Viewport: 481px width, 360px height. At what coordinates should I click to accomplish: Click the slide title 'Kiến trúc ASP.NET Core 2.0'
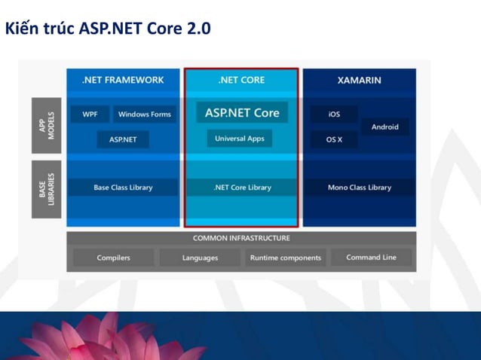coord(108,29)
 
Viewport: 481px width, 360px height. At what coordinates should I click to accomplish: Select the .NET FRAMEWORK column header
coord(123,80)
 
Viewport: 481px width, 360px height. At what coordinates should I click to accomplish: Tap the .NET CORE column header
coord(241,80)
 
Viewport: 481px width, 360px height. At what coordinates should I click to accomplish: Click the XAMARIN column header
coord(359,80)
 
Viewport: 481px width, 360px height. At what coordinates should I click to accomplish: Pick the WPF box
coord(90,114)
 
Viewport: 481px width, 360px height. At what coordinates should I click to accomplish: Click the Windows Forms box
coord(144,114)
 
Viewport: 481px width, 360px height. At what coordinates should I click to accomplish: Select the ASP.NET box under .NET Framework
coord(123,139)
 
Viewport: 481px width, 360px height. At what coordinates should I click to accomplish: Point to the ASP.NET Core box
coord(241,113)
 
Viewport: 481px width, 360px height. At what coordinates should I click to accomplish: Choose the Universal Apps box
coord(240,139)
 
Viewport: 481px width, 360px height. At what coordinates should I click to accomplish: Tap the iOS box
coord(334,114)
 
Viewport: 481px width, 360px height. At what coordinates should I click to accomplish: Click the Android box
coord(384,127)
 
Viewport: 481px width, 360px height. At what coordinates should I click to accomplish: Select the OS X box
coord(334,139)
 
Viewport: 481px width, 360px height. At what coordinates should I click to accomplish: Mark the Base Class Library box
coord(123,188)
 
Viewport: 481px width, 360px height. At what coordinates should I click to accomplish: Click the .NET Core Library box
coord(241,188)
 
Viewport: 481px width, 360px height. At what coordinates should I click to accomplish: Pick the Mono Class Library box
coord(359,188)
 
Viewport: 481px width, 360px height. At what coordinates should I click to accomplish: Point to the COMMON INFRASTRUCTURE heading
coord(241,238)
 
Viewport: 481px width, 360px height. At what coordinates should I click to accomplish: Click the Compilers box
coord(113,258)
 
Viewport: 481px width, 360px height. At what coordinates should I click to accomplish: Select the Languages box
coord(200,258)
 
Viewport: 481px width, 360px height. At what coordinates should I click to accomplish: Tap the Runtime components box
coord(285,258)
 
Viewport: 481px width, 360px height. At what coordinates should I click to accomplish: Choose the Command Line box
coord(371,258)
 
